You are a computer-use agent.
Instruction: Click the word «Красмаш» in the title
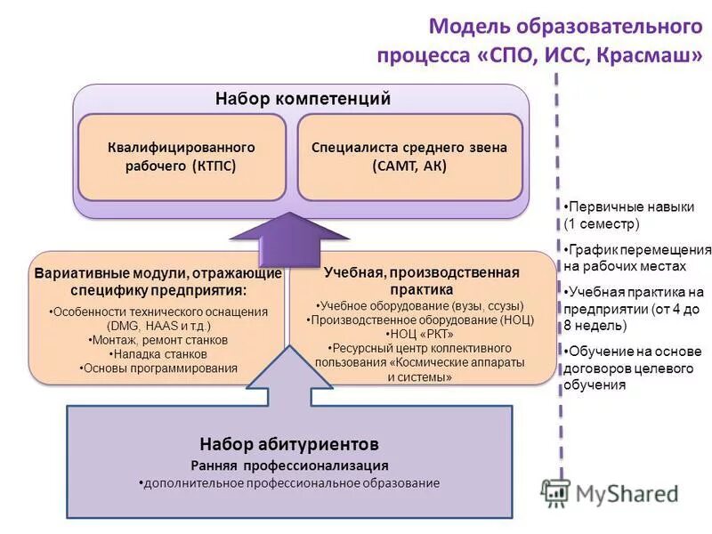tap(649, 54)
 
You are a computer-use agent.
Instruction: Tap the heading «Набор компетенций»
tap(303, 99)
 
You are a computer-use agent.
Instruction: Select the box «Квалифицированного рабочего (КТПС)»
tap(182, 157)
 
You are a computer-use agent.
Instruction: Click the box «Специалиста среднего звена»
tap(409, 157)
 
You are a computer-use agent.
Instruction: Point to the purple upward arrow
tap(289, 236)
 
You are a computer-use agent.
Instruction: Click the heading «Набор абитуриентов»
tap(289, 443)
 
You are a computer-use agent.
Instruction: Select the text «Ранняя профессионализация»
tap(289, 465)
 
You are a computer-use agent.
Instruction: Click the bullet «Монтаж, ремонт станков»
tap(158, 340)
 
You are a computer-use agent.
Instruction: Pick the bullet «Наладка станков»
tap(158, 354)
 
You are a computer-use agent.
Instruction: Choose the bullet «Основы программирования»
tap(158, 368)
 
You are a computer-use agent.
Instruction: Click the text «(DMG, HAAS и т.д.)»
tap(158, 326)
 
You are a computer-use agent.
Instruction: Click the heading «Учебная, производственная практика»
tap(421, 280)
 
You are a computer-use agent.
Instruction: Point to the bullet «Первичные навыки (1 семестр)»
tap(628, 215)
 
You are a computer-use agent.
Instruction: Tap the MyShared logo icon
tap(555, 492)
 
